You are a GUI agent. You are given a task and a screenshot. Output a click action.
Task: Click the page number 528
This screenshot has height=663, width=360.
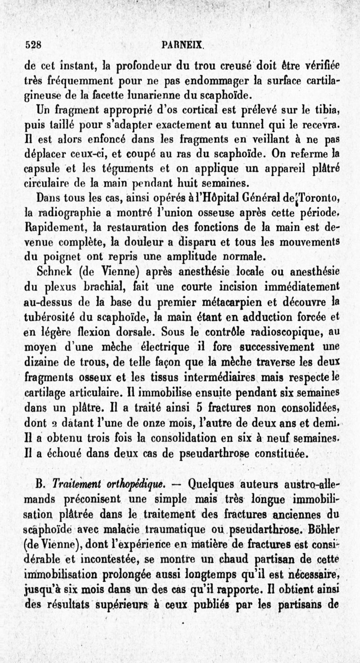(34, 45)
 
